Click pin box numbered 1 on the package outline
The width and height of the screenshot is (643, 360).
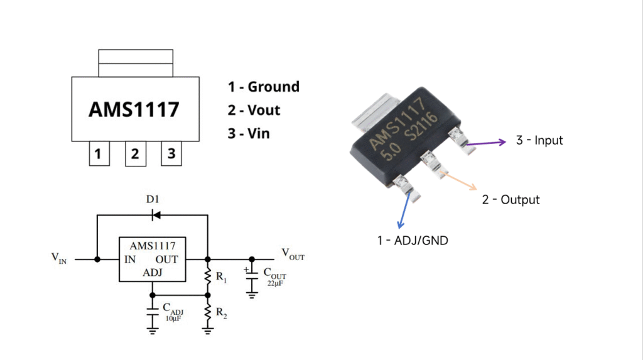[99, 153]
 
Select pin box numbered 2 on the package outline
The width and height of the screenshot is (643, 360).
[136, 153]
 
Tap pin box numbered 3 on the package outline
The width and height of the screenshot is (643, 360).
[171, 153]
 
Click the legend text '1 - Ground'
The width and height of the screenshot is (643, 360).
[264, 87]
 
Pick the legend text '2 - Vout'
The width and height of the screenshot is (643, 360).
[254, 110]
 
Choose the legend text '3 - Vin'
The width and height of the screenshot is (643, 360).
[249, 133]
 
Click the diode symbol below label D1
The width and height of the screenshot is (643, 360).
[156, 215]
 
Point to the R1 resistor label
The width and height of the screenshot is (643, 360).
[222, 278]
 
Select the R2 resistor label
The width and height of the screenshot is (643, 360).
[222, 314]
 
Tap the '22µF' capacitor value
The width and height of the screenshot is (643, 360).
[275, 283]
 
